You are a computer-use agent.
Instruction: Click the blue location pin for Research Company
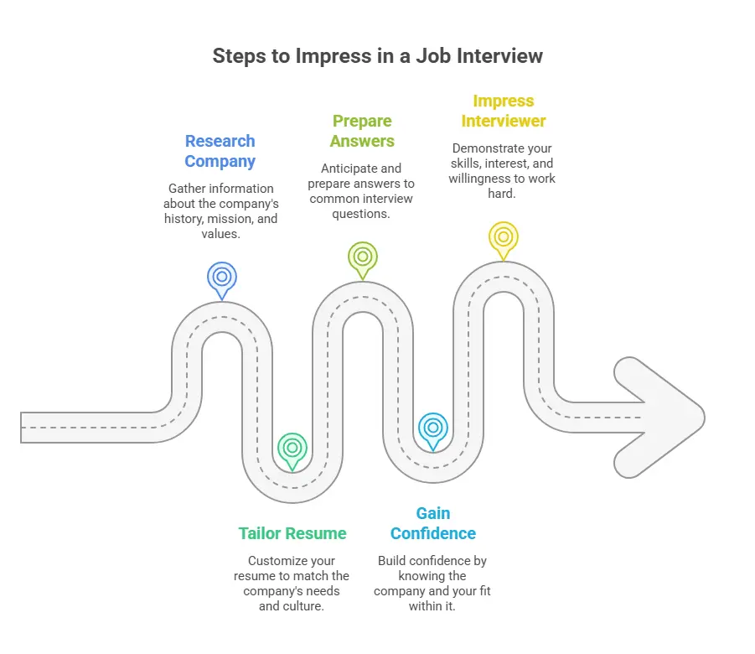click(x=222, y=278)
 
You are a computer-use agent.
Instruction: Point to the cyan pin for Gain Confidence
click(x=432, y=429)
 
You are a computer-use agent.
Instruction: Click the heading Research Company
click(x=220, y=151)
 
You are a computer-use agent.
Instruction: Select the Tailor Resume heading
click(x=292, y=533)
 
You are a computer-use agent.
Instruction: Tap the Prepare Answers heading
click(x=362, y=131)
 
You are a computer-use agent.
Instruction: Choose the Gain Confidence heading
click(x=432, y=523)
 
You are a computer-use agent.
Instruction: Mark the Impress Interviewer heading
click(x=504, y=111)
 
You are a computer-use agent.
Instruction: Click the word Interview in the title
click(x=501, y=56)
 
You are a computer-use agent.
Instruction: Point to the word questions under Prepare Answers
click(x=362, y=213)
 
